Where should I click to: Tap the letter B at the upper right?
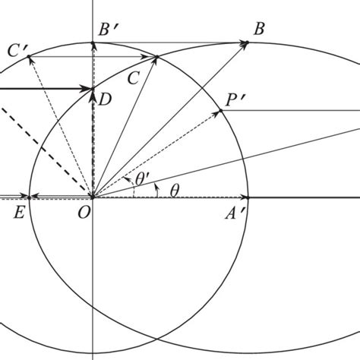259,30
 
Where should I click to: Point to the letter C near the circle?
134,76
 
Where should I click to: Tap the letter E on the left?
20,212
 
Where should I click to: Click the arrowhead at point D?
93,90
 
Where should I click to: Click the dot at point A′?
248,196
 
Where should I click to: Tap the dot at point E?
30,196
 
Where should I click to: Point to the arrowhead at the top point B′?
93,44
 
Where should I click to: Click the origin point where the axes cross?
93,196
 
